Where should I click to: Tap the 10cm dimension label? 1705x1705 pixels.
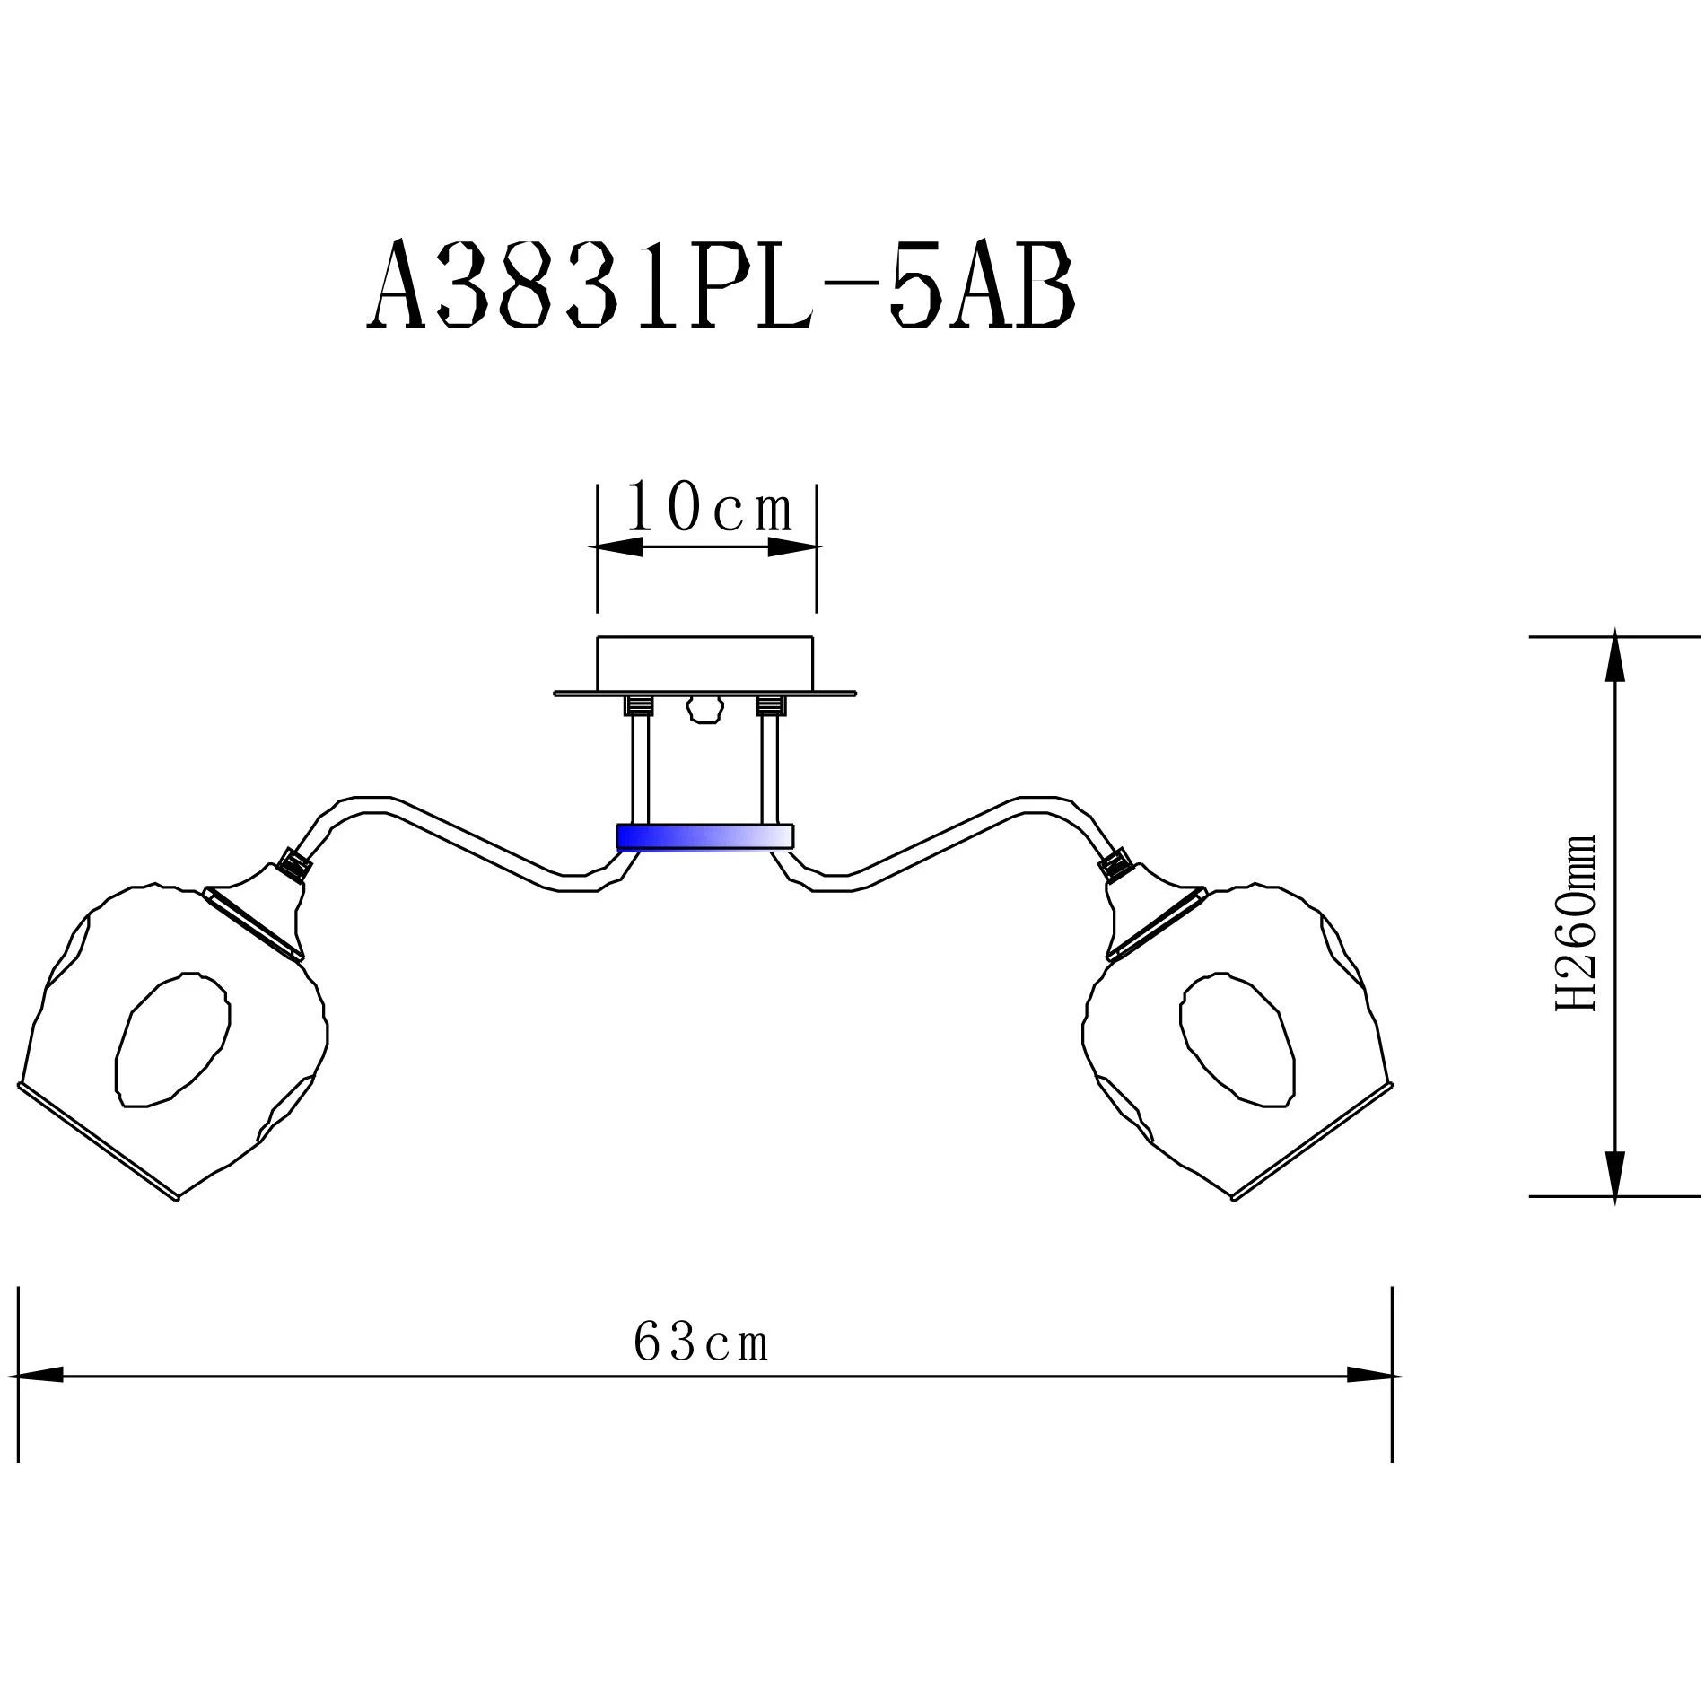710,508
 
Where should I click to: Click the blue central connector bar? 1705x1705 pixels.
705,837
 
